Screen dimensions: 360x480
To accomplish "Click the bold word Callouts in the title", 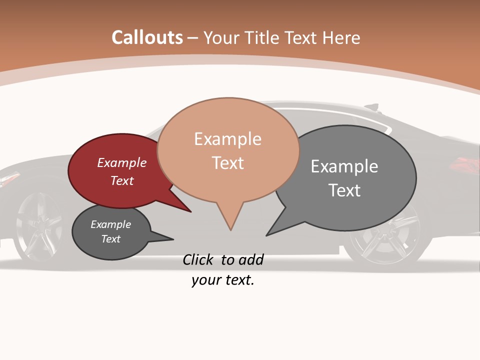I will (147, 37).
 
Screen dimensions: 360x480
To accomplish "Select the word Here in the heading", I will (341, 38).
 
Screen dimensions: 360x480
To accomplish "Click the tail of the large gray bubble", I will (274, 230).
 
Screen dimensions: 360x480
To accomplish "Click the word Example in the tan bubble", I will (227, 139).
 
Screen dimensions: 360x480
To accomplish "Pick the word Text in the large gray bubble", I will (344, 190).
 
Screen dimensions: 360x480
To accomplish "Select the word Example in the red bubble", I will (122, 163).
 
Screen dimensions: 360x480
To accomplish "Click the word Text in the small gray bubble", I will (111, 239).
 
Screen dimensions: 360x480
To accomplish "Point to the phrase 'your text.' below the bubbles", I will (223, 280).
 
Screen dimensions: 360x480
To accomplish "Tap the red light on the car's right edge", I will (465, 164).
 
